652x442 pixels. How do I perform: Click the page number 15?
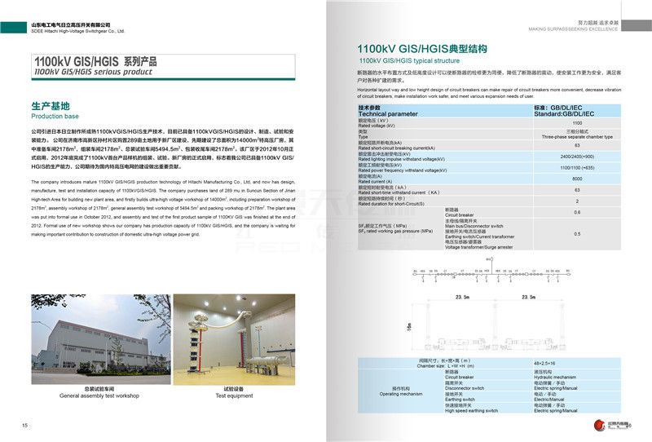tap(25, 426)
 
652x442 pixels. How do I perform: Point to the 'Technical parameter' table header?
tap(387, 114)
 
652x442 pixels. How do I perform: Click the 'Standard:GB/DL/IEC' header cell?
tap(564, 114)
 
